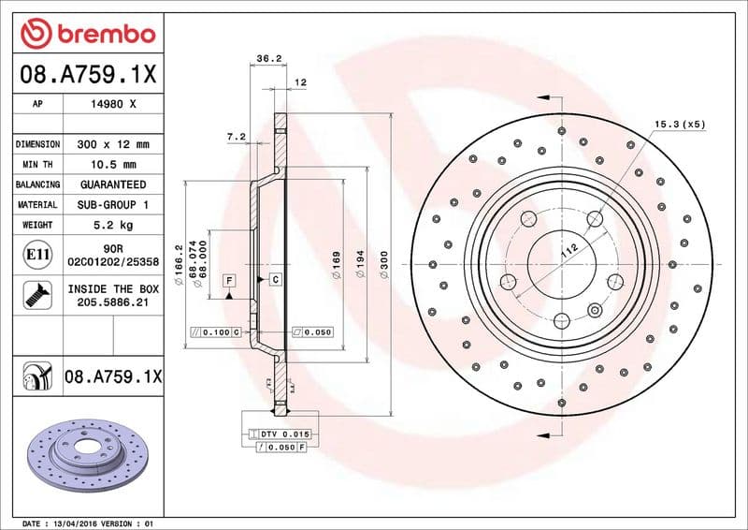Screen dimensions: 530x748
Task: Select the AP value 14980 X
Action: point(112,105)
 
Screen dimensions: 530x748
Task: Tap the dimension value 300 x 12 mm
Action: point(112,145)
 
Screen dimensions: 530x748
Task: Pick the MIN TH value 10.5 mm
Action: point(112,165)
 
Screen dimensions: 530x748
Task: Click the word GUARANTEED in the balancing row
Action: point(112,184)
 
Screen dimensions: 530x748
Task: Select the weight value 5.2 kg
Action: point(112,225)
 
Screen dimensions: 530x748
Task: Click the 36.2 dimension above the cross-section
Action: point(269,59)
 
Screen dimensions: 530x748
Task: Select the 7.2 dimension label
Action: point(236,137)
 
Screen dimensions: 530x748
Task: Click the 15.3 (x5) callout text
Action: point(679,124)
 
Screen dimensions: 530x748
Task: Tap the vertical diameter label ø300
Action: point(386,266)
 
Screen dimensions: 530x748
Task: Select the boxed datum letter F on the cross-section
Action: point(228,280)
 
